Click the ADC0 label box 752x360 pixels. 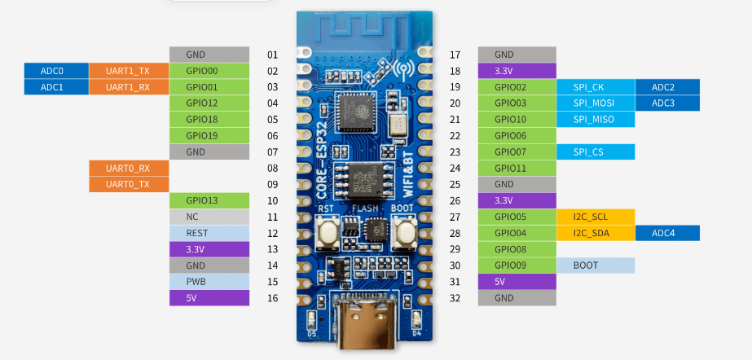(x=52, y=71)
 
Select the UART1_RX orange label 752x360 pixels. (x=127, y=87)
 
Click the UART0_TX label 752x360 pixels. (x=127, y=184)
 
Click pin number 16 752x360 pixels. (x=273, y=298)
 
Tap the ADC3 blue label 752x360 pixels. (x=663, y=103)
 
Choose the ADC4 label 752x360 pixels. (x=663, y=233)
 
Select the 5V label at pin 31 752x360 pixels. (x=516, y=282)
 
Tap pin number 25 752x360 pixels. (x=455, y=184)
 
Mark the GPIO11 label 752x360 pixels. (x=516, y=169)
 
